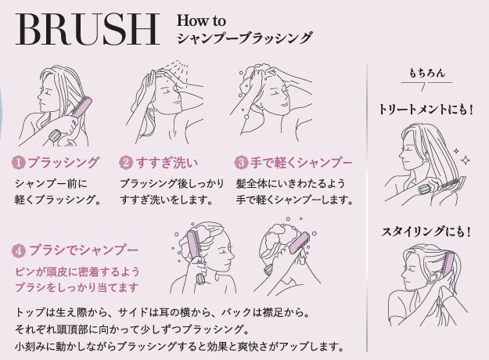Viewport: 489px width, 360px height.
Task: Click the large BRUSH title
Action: [x=88, y=30]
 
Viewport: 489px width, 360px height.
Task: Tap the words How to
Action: [x=201, y=21]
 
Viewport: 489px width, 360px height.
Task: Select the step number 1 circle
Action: [x=19, y=163]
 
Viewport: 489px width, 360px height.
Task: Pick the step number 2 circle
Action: [x=126, y=163]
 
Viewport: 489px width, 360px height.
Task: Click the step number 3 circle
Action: [x=241, y=163]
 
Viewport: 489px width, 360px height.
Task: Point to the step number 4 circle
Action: [x=19, y=250]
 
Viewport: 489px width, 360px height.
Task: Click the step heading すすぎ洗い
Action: [x=167, y=163]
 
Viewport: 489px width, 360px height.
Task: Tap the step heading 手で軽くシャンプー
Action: [x=301, y=163]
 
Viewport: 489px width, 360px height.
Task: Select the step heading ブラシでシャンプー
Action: [x=84, y=250]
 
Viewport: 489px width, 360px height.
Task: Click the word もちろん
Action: [x=426, y=73]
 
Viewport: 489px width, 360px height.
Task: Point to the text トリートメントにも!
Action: [x=426, y=110]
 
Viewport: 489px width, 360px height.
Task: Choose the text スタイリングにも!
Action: [x=426, y=232]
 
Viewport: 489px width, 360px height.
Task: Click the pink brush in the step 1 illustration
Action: [x=81, y=106]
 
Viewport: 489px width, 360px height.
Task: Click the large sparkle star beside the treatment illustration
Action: [x=466, y=160]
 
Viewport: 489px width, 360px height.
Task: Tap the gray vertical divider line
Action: [x=367, y=207]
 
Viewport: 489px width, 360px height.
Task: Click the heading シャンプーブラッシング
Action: [x=244, y=38]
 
